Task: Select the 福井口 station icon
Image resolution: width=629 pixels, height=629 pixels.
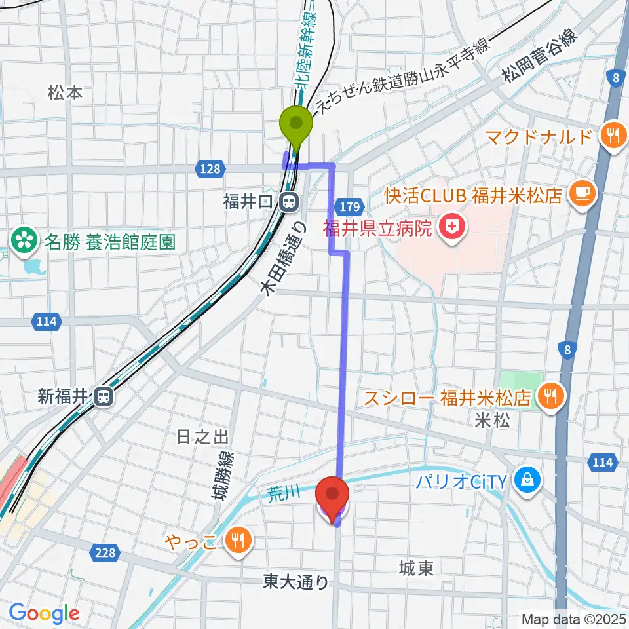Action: coord(288,203)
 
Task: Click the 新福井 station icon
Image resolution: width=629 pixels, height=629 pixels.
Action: coord(104,396)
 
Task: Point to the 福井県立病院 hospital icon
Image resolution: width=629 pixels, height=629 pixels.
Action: coord(451,229)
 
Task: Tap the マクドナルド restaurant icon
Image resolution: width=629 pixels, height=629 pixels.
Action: coord(613,136)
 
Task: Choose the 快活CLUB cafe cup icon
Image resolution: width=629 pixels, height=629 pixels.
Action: coord(582,192)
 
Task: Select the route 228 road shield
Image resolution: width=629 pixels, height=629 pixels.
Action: coord(105,553)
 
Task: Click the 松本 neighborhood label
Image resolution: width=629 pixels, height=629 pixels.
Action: coord(66,93)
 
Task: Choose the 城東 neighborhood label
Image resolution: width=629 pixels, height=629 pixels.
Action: coord(416,569)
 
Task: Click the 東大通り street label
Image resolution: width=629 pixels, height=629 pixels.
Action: coord(295,581)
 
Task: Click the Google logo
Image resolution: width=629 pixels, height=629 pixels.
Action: coord(44,613)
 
